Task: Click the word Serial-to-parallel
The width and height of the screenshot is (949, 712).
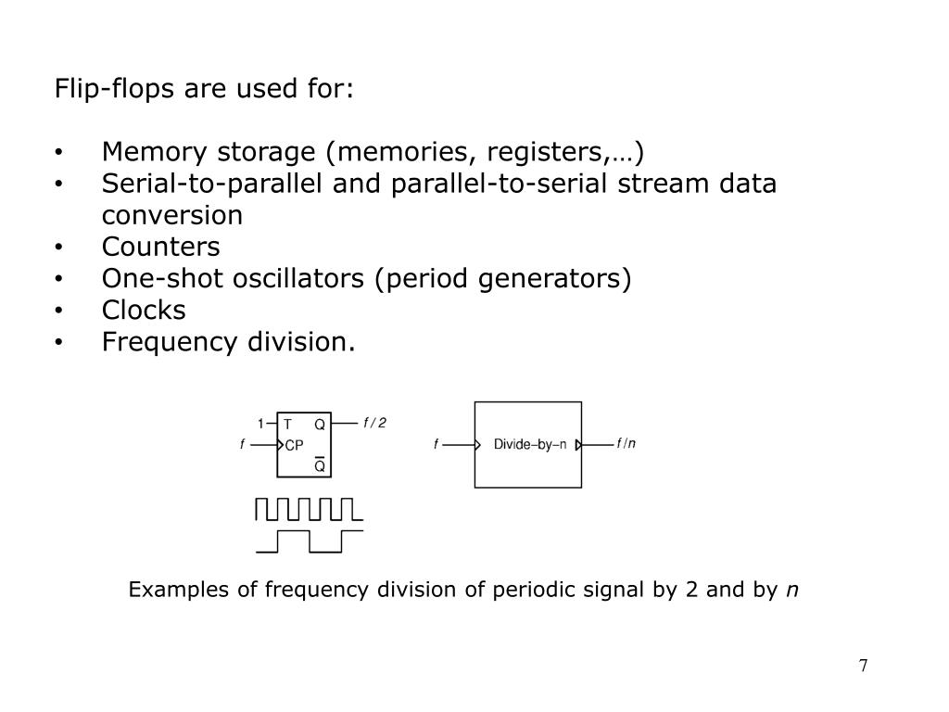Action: (212, 184)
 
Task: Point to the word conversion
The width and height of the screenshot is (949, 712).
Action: (172, 215)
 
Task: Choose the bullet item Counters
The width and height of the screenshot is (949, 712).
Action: (161, 247)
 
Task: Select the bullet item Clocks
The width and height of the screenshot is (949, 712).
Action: (144, 310)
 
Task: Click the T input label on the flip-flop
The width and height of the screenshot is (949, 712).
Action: (287, 425)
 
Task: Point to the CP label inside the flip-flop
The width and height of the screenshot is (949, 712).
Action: (294, 445)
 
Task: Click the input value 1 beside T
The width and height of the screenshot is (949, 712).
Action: (261, 425)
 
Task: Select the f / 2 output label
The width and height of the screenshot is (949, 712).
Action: (374, 424)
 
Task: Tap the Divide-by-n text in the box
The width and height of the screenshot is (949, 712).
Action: (529, 445)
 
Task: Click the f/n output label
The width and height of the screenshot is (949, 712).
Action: (626, 444)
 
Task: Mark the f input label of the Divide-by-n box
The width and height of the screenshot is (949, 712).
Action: (436, 445)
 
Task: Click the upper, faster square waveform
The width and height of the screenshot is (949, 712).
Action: (308, 509)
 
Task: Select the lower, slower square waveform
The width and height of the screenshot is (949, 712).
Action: (308, 540)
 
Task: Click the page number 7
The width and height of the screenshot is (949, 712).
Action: (863, 667)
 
